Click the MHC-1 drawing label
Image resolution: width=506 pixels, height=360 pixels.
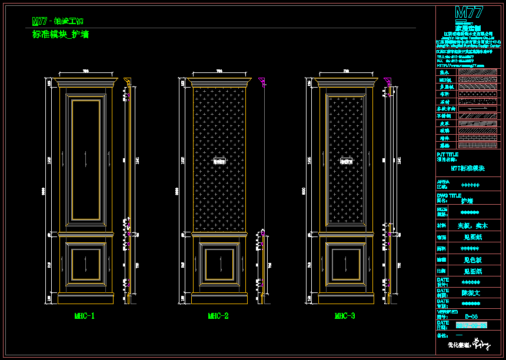pyautogui.click(x=84, y=316)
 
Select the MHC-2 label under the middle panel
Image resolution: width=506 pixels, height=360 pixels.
pyautogui.click(x=218, y=316)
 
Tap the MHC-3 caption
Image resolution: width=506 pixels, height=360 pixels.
pyautogui.click(x=345, y=316)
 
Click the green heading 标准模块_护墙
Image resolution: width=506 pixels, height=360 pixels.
pyautogui.click(x=61, y=35)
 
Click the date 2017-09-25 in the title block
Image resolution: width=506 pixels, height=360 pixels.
pyautogui.click(x=471, y=325)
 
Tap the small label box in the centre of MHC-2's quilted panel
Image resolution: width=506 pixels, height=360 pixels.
pyautogui.click(x=220, y=159)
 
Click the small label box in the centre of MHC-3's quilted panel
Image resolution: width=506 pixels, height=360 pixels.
pyautogui.click(x=344, y=159)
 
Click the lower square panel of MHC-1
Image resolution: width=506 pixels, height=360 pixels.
pyautogui.click(x=85, y=263)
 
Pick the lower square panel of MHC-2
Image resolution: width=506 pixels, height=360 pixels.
pyautogui.click(x=219, y=263)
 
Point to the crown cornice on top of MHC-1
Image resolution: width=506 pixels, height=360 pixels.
pyautogui.click(x=85, y=81)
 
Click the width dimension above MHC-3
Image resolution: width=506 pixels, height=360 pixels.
pyautogui.click(x=345, y=71)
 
